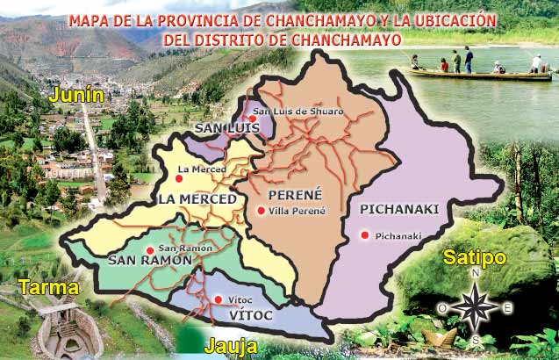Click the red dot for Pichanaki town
[364, 234]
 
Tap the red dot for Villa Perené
[261, 211]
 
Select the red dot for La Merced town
[179, 178]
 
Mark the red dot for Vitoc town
[218, 299]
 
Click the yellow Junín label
[77, 94]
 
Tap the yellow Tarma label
[47, 287]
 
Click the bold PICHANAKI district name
[398, 208]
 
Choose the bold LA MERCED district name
[197, 199]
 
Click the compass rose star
[476, 306]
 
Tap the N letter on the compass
[476, 274]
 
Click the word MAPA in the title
[90, 19]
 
